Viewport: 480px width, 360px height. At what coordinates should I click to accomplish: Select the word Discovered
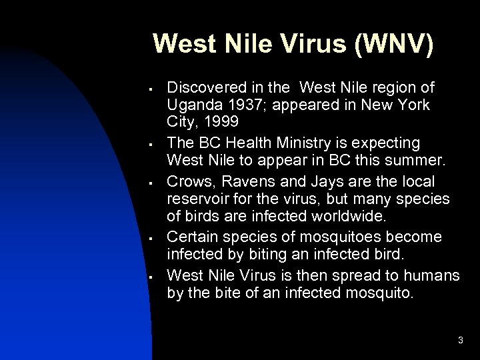click(203, 87)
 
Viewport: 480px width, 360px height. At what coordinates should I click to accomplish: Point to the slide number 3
click(460, 341)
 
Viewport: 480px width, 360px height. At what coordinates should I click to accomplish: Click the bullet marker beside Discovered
click(153, 88)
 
